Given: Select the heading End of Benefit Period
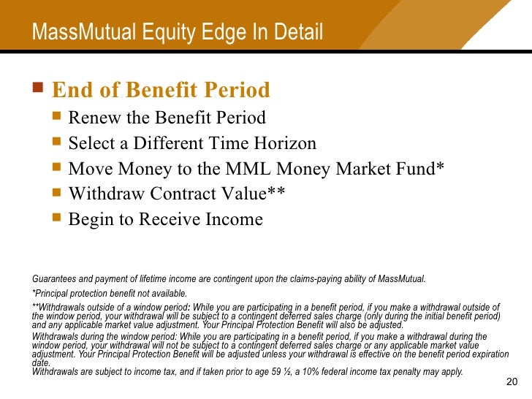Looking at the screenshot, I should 161,90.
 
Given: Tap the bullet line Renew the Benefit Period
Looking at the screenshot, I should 167,118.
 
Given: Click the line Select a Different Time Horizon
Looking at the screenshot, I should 192,143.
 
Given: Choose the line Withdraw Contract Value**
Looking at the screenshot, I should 176,194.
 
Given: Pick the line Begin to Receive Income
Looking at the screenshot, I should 165,219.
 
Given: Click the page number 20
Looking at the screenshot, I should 511,384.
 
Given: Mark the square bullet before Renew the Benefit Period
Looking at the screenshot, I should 58,118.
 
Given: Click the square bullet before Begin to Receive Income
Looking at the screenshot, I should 58,219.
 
